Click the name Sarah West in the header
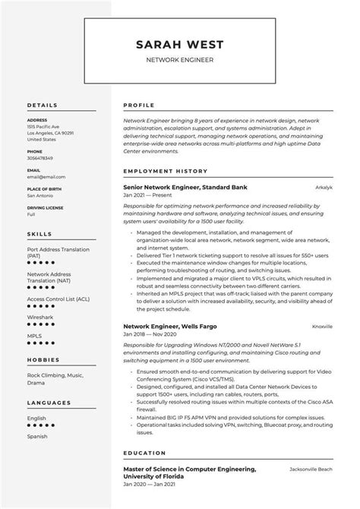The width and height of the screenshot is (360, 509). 179,43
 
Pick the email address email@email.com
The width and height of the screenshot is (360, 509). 43,175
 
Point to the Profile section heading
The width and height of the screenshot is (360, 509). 138,105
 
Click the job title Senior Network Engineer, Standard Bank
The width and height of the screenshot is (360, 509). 185,187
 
